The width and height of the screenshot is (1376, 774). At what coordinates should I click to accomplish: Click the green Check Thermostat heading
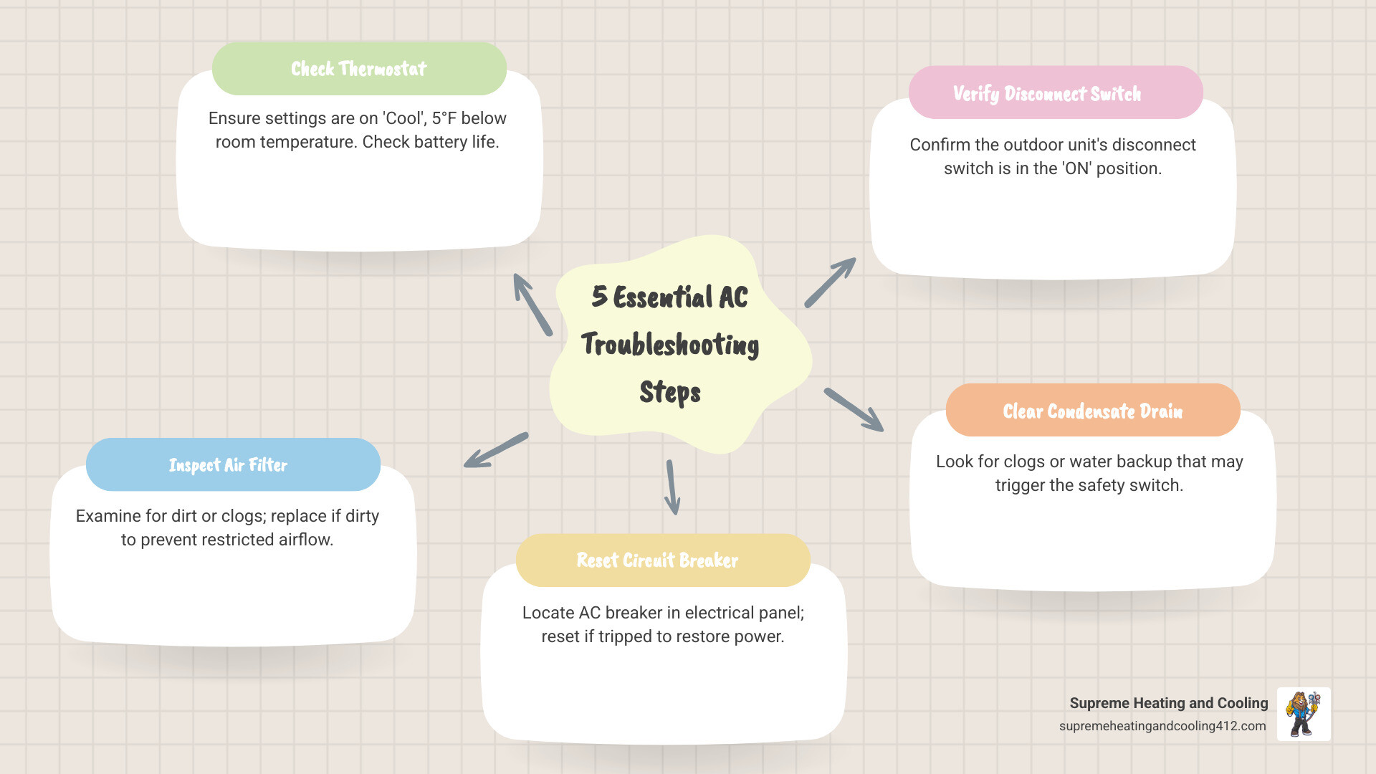[359, 69]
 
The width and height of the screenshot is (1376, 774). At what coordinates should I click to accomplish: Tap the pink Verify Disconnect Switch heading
[1047, 94]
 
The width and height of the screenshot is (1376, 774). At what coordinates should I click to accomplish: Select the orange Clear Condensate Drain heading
[1092, 411]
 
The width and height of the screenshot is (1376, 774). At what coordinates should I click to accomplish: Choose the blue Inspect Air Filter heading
[228, 465]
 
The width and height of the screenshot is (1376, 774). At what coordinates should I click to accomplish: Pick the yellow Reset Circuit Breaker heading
[657, 560]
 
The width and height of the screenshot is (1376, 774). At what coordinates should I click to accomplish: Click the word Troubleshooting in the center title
[670, 345]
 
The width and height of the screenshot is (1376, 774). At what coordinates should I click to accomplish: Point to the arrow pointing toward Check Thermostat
[532, 305]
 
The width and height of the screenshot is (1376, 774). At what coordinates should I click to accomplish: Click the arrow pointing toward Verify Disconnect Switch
[830, 283]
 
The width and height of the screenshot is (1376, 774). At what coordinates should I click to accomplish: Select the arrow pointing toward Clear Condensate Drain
[854, 410]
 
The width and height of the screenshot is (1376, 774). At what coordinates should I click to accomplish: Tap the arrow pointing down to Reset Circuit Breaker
[672, 487]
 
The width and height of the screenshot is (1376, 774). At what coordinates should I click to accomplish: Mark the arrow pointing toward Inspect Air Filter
[496, 450]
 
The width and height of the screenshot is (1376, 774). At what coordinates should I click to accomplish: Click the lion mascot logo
[1303, 714]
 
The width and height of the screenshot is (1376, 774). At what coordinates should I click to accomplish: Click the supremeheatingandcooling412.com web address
[1162, 726]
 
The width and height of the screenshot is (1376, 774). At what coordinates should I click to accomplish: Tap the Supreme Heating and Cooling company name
[1168, 703]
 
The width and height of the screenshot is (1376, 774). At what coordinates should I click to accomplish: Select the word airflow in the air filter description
[305, 540]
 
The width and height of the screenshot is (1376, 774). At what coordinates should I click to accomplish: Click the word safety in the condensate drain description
[1101, 485]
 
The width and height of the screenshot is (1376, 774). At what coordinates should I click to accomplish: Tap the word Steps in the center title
[670, 392]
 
